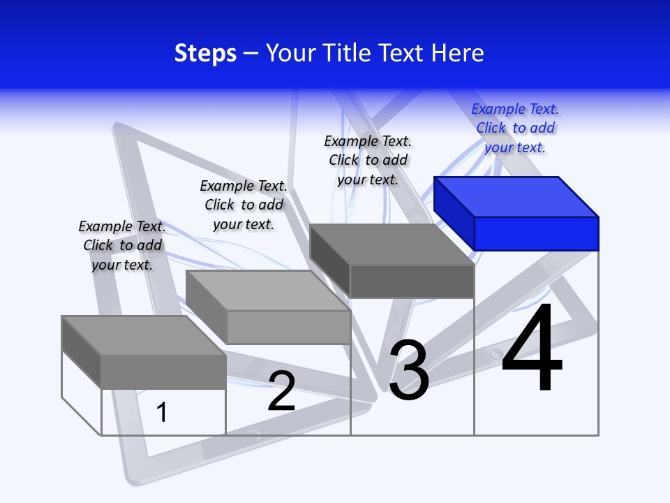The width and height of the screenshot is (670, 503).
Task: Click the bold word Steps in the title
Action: tap(205, 53)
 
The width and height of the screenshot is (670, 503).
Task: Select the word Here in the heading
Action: tap(459, 53)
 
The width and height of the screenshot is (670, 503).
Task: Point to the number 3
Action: tap(409, 370)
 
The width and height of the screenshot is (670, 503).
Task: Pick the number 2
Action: tap(282, 392)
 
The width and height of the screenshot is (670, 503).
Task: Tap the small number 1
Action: tap(162, 412)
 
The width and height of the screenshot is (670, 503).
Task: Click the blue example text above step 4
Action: tap(515, 128)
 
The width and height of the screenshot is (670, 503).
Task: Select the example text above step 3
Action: tap(368, 160)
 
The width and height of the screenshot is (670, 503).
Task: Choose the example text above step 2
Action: tap(244, 205)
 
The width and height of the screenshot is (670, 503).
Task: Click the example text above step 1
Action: tap(122, 245)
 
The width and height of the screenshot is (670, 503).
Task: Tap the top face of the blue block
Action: tap(516, 196)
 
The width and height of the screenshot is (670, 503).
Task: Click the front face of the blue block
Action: tap(536, 233)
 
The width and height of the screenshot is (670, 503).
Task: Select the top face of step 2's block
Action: tap(268, 291)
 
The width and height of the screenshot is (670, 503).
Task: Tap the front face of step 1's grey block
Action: tap(163, 372)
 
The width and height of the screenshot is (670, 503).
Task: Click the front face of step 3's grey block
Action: tap(412, 282)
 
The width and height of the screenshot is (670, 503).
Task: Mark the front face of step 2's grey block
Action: tap(288, 327)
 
